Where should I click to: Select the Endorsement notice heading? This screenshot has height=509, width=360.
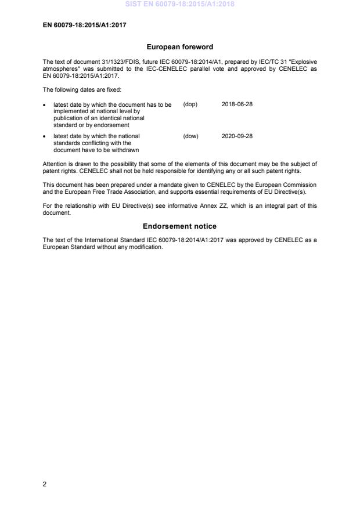coord(180,226)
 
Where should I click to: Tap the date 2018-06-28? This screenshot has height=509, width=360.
coord(237,104)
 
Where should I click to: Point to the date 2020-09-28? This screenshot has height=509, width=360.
coord(237,136)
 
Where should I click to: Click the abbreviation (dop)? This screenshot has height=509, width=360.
coord(190,104)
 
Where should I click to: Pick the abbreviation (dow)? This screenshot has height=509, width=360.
coord(190,136)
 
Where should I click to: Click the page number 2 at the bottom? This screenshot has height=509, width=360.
coord(45,485)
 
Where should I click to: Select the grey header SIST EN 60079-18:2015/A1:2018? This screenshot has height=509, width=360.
coord(180,4)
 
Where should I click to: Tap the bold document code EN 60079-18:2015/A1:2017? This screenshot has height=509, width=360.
coord(85,25)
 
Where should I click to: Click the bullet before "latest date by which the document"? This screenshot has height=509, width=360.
coord(45,105)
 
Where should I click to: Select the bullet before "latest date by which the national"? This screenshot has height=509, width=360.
coord(45,137)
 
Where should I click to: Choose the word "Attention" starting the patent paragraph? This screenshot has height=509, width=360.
coord(55,164)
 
